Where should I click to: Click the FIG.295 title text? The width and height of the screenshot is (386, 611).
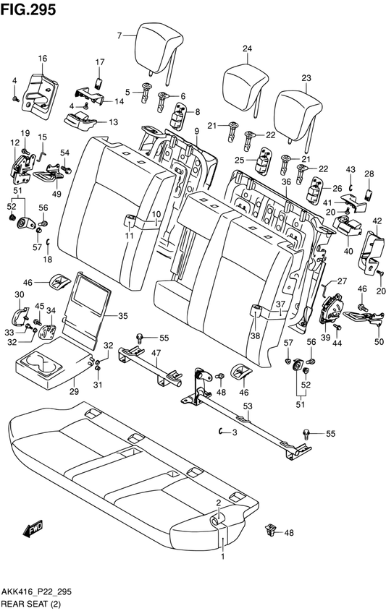[28, 9]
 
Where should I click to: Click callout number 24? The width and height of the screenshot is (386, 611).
[248, 48]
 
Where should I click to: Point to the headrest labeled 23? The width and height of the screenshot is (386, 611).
[298, 117]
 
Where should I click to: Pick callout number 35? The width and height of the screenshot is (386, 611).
[122, 316]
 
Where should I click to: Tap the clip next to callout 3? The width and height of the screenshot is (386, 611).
[221, 431]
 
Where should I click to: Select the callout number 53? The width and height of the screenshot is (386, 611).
[248, 406]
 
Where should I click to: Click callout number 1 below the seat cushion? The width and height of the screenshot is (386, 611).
[223, 557]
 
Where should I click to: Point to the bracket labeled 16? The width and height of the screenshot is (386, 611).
[40, 95]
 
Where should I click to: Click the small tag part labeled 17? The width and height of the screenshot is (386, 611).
[99, 83]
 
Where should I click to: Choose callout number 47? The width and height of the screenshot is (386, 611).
[156, 354]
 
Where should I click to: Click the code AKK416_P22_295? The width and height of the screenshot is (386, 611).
[36, 592]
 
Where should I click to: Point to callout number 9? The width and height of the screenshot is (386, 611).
[197, 131]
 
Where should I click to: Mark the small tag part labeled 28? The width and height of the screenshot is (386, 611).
[369, 194]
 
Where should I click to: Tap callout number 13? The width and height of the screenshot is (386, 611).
[113, 122]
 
